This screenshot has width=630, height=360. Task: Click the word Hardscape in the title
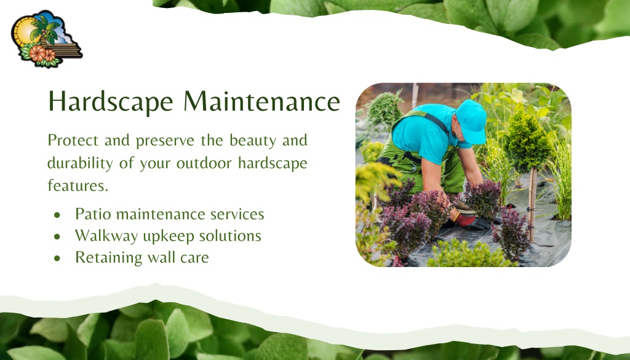pyautogui.click(x=111, y=102)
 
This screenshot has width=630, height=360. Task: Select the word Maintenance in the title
pyautogui.click(x=262, y=102)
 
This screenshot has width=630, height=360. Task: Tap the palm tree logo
pyautogui.click(x=47, y=39)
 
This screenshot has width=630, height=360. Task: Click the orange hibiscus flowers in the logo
pyautogui.click(x=42, y=54)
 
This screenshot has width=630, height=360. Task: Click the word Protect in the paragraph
pyautogui.click(x=73, y=140)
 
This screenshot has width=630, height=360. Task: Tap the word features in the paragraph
pyautogui.click(x=78, y=186)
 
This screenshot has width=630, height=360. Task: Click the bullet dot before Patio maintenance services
pyautogui.click(x=57, y=215)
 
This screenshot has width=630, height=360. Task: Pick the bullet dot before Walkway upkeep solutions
pyautogui.click(x=57, y=237)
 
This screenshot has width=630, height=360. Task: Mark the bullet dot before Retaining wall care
pyautogui.click(x=57, y=258)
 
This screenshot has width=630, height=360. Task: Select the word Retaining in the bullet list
pyautogui.click(x=108, y=258)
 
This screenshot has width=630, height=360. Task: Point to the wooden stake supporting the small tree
pyautogui.click(x=532, y=205)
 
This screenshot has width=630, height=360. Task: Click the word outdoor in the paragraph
pyautogui.click(x=204, y=163)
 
